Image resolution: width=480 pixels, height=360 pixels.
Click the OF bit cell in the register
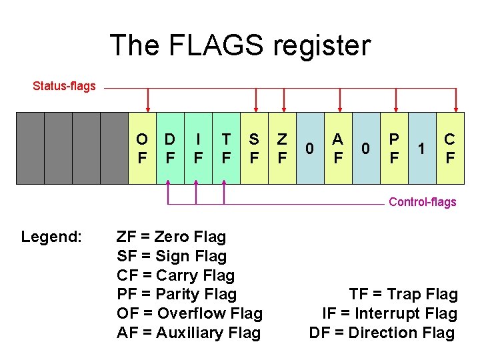(x=142, y=148)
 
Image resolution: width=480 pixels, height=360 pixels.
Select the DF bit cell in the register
(x=170, y=148)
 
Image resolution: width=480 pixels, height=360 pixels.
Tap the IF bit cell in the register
(x=198, y=148)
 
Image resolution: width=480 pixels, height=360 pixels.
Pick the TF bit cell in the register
(x=226, y=148)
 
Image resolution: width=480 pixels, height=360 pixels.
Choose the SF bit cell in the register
(x=254, y=148)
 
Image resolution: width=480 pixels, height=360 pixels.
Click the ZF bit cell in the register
(x=282, y=148)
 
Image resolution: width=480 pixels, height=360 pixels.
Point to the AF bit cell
(x=338, y=148)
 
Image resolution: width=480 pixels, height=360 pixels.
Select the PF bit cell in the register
(x=395, y=148)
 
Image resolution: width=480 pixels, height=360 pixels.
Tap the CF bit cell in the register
(x=450, y=148)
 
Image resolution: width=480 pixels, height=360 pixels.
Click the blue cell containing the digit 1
(x=421, y=148)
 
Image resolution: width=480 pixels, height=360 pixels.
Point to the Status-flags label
(x=65, y=86)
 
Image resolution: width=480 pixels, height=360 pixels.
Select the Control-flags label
(x=423, y=202)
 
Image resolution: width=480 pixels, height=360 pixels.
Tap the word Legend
(x=51, y=237)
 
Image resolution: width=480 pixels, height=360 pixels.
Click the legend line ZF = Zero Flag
(x=171, y=237)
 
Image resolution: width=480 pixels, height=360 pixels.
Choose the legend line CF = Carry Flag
(x=175, y=275)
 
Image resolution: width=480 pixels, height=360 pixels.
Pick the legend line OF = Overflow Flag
(x=189, y=313)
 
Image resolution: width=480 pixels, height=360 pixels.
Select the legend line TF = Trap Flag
(x=403, y=294)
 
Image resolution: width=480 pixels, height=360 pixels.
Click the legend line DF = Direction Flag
(x=382, y=333)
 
